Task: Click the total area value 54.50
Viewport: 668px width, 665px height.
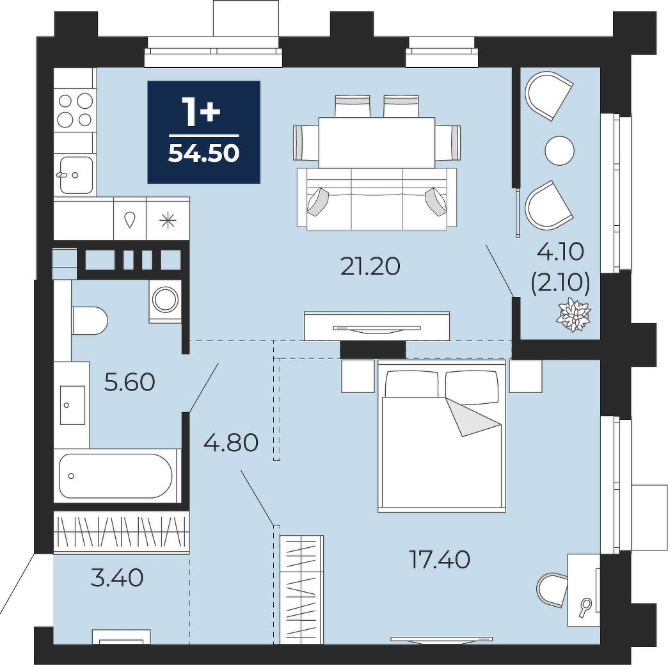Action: pyautogui.click(x=203, y=154)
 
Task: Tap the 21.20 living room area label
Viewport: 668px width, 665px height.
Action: pyautogui.click(x=370, y=267)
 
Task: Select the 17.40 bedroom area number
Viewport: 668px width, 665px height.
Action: pyautogui.click(x=439, y=559)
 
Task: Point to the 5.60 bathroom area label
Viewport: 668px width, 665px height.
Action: pyautogui.click(x=129, y=382)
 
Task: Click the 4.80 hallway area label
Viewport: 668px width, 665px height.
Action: pyautogui.click(x=231, y=442)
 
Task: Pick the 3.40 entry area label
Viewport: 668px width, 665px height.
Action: pyautogui.click(x=117, y=578)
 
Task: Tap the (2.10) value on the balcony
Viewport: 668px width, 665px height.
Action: pyautogui.click(x=561, y=282)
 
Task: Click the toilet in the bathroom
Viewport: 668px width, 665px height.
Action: pyautogui.click(x=90, y=320)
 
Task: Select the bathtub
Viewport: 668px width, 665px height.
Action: pyautogui.click(x=116, y=476)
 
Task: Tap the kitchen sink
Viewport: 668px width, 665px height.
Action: pyautogui.click(x=76, y=175)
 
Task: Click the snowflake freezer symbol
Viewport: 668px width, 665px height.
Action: pyautogui.click(x=168, y=221)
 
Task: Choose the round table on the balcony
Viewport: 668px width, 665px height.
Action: pyautogui.click(x=560, y=150)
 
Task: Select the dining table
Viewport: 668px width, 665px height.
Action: pyautogui.click(x=377, y=142)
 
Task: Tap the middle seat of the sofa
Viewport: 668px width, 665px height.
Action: pyautogui.click(x=377, y=199)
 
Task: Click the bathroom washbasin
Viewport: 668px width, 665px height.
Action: pyautogui.click(x=72, y=405)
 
